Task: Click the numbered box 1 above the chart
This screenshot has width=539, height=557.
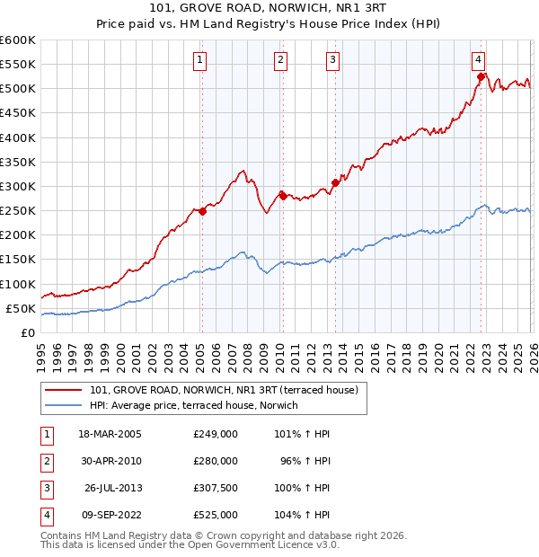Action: [199, 60]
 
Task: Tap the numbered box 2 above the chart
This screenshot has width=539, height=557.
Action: [280, 60]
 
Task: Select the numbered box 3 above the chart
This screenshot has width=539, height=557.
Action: [332, 60]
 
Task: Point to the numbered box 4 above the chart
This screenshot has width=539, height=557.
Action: [479, 60]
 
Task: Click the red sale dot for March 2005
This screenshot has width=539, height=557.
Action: [202, 212]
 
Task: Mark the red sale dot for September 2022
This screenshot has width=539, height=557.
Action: [482, 77]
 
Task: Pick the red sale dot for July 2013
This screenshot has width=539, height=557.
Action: [335, 182]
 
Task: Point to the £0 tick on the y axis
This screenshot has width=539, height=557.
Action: [27, 333]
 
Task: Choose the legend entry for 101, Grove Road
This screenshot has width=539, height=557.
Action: [224, 390]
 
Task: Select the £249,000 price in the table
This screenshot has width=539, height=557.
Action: [216, 434]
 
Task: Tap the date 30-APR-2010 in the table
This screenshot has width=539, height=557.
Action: [111, 461]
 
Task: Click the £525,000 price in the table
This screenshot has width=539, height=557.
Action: [216, 515]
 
